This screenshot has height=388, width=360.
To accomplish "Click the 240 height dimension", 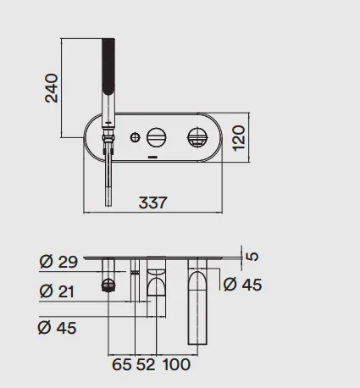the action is (52, 88).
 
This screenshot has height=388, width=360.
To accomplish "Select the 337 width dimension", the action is (152, 202).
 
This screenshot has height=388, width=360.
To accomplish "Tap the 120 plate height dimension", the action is (239, 138).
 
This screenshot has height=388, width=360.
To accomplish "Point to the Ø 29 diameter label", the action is (58, 262).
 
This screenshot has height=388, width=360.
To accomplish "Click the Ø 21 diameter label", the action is (57, 291).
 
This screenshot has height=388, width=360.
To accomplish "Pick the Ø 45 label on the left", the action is (57, 328).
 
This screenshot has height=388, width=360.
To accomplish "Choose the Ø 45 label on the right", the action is (242, 284).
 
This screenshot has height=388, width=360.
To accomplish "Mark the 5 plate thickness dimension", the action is (253, 256).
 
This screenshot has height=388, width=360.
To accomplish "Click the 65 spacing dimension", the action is (122, 364).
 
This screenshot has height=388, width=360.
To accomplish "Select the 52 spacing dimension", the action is (146, 364).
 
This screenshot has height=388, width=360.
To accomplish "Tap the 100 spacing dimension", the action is (176, 364).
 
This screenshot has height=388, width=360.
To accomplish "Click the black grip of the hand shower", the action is (108, 66).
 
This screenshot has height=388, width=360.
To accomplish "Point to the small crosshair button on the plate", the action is (136, 137).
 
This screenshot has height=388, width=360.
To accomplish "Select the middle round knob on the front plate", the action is (156, 137).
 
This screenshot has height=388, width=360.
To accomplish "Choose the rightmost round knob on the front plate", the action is (197, 137).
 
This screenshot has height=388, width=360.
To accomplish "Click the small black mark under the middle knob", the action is (153, 156).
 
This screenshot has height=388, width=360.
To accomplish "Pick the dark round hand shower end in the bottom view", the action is (108, 285).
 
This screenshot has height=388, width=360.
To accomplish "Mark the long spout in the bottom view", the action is (197, 302).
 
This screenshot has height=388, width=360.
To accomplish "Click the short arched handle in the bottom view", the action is (156, 281).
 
